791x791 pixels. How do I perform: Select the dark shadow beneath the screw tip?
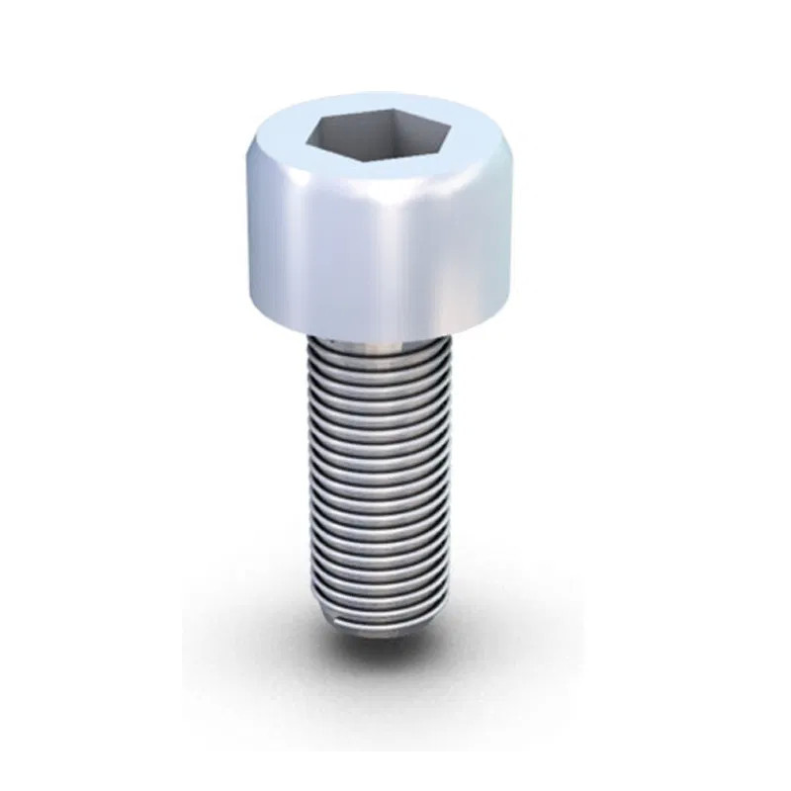pos(386,648)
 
